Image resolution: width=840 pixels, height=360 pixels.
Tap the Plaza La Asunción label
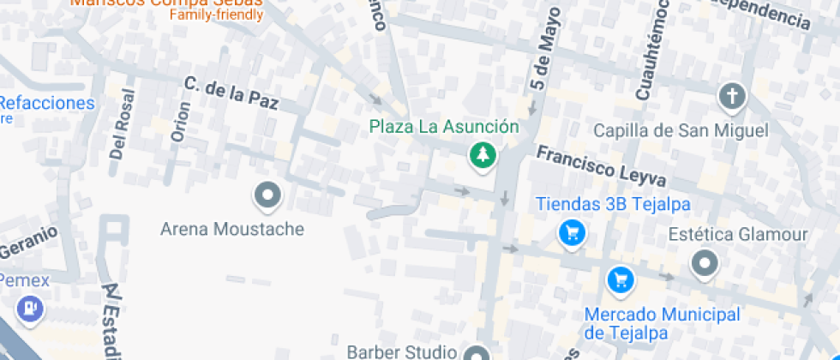point(444,127)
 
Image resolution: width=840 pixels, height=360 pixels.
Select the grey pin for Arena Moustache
point(268,196)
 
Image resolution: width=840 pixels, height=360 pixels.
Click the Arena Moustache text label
point(232,230)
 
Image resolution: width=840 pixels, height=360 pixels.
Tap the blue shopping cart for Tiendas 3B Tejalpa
point(571,231)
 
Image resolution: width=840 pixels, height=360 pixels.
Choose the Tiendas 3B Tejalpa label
point(613,205)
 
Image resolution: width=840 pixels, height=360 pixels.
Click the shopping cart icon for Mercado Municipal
point(620,279)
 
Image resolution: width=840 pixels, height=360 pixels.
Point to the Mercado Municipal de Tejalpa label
point(662,323)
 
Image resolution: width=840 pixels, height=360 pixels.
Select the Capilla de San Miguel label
point(681,130)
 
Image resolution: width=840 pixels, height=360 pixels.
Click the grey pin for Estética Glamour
point(705,263)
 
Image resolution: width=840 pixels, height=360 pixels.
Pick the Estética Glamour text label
point(738,235)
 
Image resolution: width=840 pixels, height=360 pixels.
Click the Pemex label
point(24,280)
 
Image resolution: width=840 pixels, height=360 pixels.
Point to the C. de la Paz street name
point(231,93)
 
